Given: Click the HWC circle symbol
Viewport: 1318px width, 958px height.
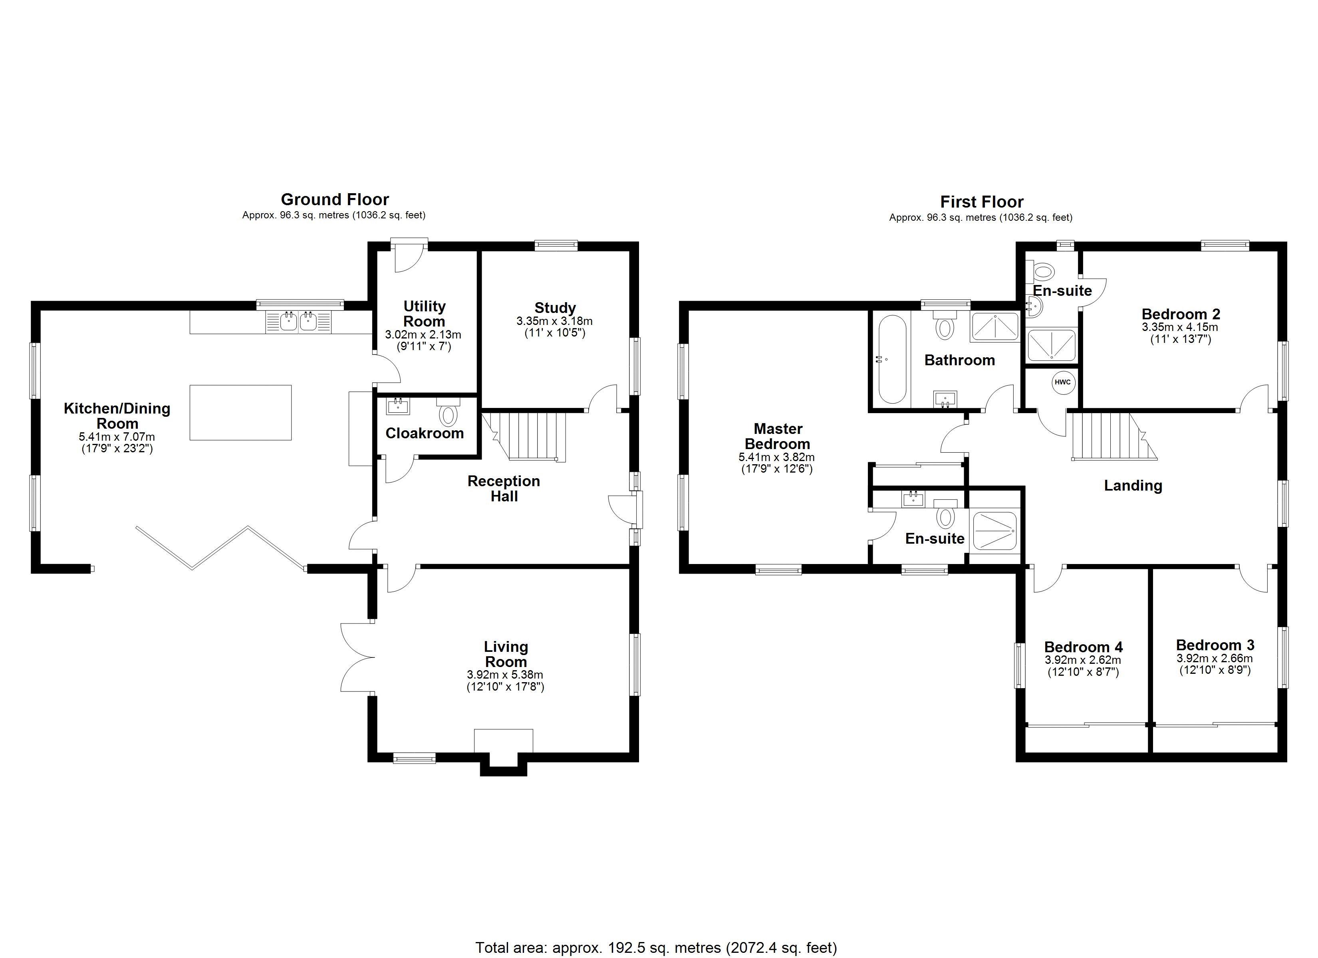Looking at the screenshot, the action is click(1062, 382).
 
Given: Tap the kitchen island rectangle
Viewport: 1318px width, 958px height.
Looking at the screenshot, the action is click(240, 412).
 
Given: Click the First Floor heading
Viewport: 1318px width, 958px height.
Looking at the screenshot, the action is click(982, 202).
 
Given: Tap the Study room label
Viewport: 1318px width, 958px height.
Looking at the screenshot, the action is click(555, 308).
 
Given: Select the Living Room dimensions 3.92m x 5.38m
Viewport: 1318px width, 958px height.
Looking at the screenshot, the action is click(505, 675).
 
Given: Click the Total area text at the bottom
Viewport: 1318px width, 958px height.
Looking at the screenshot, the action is click(657, 948).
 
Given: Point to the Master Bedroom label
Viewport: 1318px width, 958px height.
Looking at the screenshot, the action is click(778, 436).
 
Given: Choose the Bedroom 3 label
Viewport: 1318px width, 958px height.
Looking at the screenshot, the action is click(1215, 645).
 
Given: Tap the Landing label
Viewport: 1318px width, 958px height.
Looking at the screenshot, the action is click(1133, 486).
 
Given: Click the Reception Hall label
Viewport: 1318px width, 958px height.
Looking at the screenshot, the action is click(504, 489).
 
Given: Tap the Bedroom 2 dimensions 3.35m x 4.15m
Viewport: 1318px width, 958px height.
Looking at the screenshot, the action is click(1180, 327).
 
